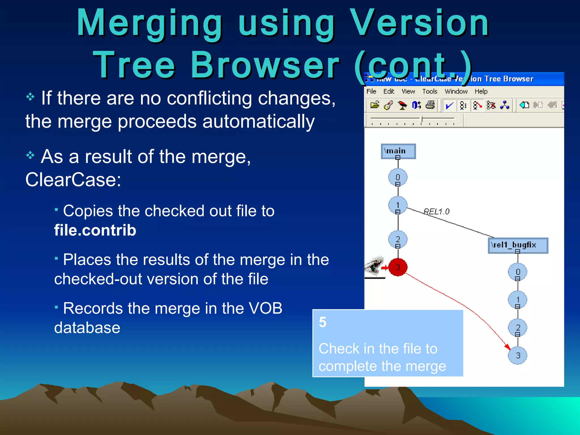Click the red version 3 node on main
(398, 267)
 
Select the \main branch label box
(398, 151)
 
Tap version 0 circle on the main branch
(398, 177)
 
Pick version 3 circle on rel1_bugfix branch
(517, 355)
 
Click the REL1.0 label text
(436, 212)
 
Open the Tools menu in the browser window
(430, 91)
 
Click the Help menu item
(481, 91)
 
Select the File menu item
(371, 91)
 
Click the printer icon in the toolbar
(430, 105)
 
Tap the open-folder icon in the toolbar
(375, 105)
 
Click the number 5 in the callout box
(323, 322)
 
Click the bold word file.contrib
(95, 230)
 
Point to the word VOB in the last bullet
(265, 308)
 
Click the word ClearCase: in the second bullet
(73, 180)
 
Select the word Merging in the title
(149, 23)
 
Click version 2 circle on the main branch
(398, 240)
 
